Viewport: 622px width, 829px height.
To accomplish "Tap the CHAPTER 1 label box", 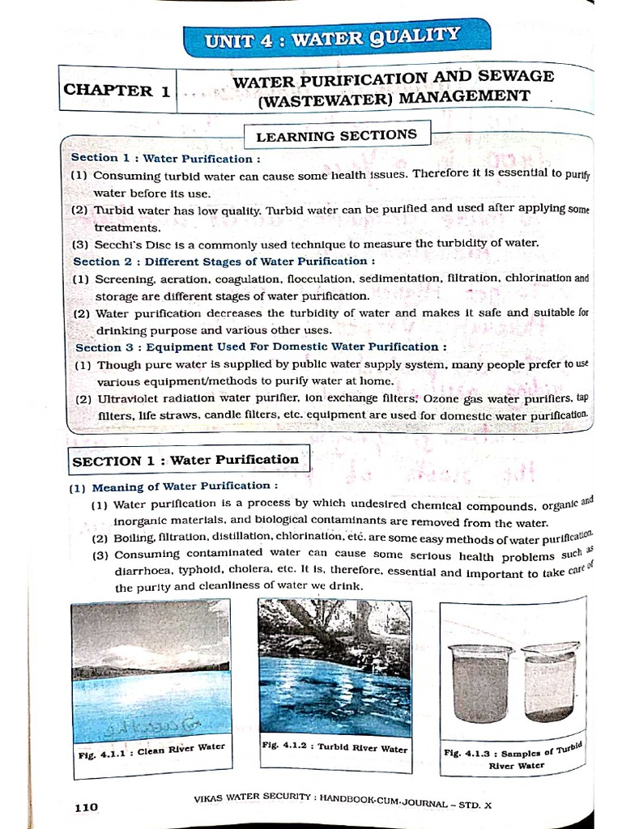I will pyautogui.click(x=117, y=91).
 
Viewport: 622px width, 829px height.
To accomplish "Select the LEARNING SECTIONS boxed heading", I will pyautogui.click(x=337, y=135).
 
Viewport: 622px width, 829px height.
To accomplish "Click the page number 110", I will pyautogui.click(x=86, y=806).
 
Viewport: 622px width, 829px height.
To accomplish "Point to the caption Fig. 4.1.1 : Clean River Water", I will pyautogui.click(x=151, y=750).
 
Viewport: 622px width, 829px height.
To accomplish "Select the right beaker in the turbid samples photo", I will pyautogui.click(x=549, y=680).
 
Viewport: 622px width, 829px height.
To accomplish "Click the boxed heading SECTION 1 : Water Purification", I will pyautogui.click(x=186, y=460).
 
